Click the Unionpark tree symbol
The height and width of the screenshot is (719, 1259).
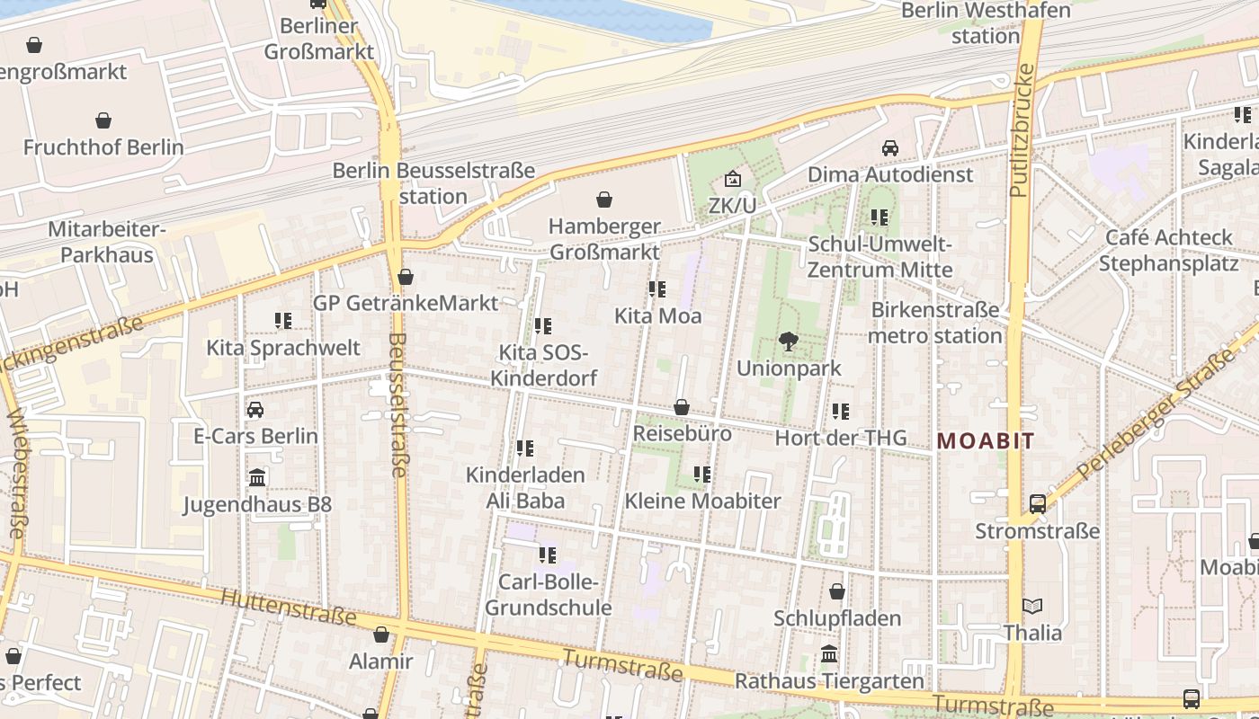point(789,342)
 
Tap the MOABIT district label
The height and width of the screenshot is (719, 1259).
point(986,441)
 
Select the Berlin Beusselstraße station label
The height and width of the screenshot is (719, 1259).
point(433,183)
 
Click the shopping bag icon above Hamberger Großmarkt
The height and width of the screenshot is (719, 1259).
point(604,200)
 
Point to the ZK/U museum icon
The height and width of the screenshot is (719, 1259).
point(733,180)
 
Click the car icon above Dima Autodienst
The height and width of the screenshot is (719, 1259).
point(890,148)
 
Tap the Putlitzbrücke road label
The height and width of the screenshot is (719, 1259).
point(1019,131)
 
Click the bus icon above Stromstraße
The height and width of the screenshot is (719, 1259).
point(1038,504)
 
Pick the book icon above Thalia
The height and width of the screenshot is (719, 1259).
point(1032,607)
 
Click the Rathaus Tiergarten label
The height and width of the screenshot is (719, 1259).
point(829,681)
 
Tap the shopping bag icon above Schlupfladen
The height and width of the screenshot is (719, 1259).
point(837,592)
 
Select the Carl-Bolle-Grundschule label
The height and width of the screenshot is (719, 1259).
point(549,595)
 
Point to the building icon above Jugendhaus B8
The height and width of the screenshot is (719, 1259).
point(257,477)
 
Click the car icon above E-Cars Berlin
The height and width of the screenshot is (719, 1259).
point(255,411)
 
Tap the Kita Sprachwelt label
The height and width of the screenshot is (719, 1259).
point(283,348)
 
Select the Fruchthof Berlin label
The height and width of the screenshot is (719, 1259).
point(103,147)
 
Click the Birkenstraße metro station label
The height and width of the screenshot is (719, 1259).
point(935,323)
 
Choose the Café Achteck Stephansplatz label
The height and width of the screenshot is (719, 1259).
point(1168,251)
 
